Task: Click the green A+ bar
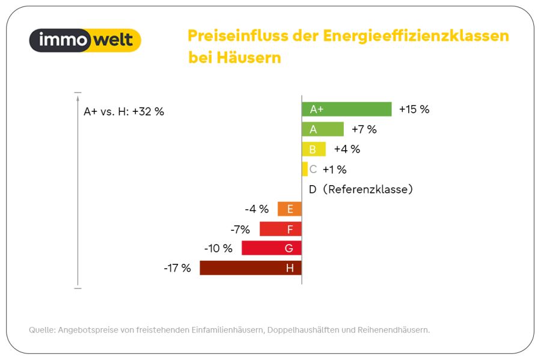point(347,109)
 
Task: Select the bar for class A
point(323,129)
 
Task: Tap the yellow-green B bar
point(314,149)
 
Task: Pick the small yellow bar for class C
point(305,169)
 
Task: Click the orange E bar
point(290,209)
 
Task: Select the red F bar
point(281,229)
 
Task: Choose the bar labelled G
point(272,248)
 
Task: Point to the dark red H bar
point(251,268)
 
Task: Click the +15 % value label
point(414,109)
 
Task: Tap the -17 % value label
point(177,268)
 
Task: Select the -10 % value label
point(218,248)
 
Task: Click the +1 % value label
point(334,169)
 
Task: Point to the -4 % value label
point(257,209)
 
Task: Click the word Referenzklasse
point(368,189)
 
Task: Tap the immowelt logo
point(85,40)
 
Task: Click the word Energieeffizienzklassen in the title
point(416,36)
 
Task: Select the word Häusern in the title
point(249,57)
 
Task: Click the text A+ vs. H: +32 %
point(124,111)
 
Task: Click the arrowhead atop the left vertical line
point(78,99)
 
